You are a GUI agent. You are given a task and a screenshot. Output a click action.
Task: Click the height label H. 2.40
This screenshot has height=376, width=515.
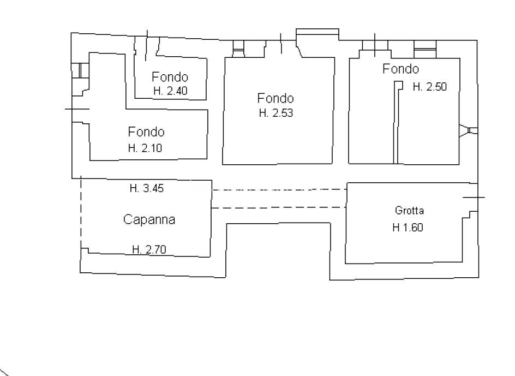click(x=170, y=91)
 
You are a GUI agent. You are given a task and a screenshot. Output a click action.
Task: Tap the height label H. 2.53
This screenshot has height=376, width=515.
click(x=276, y=113)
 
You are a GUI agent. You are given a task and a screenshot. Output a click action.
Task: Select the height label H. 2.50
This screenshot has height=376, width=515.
click(x=429, y=87)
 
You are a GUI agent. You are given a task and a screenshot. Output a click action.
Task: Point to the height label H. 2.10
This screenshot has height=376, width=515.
click(x=145, y=148)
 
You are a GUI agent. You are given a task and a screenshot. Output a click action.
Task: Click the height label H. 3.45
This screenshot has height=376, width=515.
click(x=147, y=188)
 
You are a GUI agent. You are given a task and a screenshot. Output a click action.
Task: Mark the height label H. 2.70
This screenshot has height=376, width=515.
click(x=149, y=250)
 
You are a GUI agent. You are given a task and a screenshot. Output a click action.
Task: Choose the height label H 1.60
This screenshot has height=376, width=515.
click(x=408, y=228)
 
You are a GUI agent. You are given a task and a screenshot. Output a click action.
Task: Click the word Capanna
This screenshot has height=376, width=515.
click(x=149, y=219)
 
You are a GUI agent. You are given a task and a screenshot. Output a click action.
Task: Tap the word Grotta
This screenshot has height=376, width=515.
click(x=409, y=210)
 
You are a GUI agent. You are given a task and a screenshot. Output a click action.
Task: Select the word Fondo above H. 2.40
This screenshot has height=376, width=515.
click(x=170, y=77)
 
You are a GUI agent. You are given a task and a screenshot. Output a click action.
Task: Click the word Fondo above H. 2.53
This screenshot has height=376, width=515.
click(x=276, y=98)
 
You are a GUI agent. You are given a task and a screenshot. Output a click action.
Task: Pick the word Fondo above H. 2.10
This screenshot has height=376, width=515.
click(x=146, y=132)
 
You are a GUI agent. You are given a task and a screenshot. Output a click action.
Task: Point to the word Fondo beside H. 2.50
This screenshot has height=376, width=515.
click(x=400, y=69)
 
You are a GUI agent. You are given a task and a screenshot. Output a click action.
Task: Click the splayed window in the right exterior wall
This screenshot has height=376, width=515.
click(x=469, y=130)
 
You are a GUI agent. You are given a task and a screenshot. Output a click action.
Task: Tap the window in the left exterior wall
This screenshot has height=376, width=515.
click(x=80, y=70)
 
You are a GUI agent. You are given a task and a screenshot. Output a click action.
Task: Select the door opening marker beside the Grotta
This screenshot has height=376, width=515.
click(x=474, y=198)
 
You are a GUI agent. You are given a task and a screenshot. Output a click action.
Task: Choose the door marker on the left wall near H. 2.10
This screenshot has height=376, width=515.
click(x=77, y=109)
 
